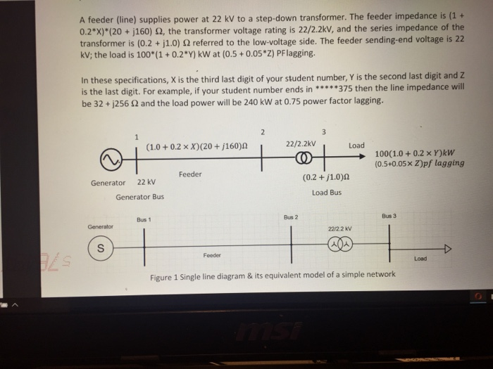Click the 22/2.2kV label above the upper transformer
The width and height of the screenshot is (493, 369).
coord(301,144)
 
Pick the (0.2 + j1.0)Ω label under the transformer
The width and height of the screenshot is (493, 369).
coord(326,178)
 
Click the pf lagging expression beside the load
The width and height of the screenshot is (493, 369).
coord(420,164)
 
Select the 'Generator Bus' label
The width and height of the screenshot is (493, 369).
coord(139,197)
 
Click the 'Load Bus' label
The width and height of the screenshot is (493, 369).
coord(326,193)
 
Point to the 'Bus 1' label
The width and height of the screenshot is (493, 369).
coord(144,220)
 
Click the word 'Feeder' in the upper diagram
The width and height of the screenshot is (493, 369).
coord(190,174)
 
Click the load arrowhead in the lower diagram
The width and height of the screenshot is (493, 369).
coord(445,248)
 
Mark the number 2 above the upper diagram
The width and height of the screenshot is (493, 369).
coord(262,132)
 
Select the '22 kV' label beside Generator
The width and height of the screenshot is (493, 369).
coord(146,182)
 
